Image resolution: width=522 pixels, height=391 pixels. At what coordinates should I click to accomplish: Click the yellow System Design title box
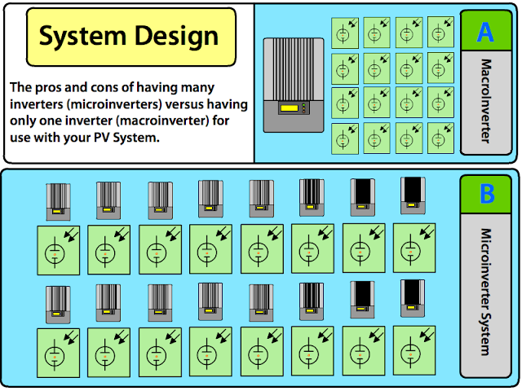click(131, 37)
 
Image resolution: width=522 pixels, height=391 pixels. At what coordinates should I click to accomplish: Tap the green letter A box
click(485, 32)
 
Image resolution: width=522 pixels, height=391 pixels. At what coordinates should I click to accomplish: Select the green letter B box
click(487, 194)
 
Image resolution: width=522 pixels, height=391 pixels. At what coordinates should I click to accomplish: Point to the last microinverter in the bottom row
click(413, 298)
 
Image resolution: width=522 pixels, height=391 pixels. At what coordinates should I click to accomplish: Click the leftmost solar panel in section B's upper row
click(59, 249)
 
